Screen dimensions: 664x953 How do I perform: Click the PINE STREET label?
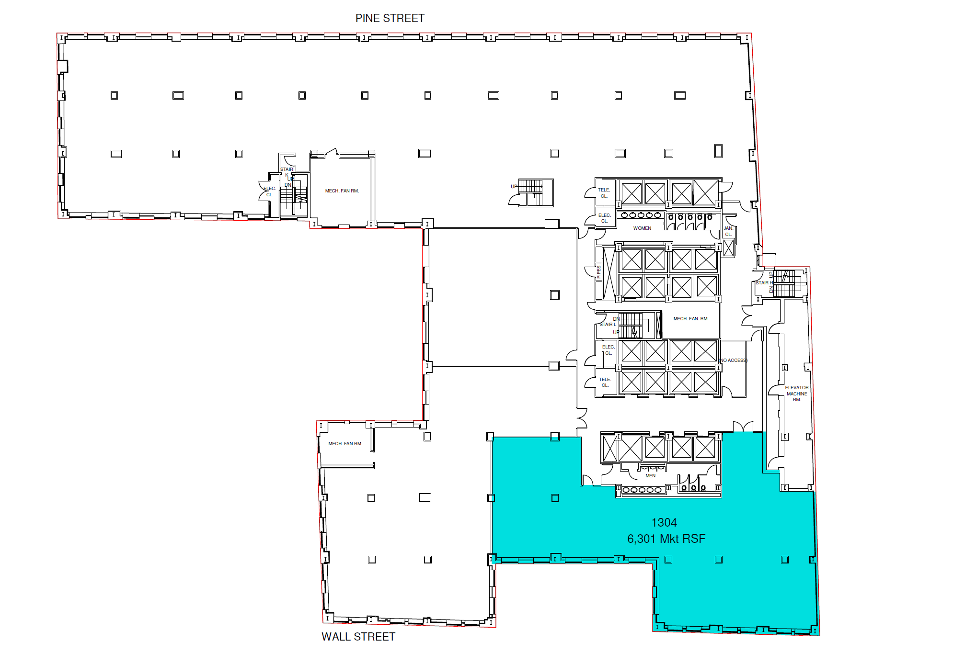[x=390, y=18]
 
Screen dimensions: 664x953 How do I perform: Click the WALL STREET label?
[x=358, y=637]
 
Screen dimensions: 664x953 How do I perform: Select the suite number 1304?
[x=664, y=522]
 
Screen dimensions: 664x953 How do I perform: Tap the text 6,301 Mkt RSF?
[x=666, y=539]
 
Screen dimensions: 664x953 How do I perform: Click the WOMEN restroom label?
[x=642, y=228]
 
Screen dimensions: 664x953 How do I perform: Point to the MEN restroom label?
[x=650, y=476]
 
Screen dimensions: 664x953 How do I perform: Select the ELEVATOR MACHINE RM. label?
[x=796, y=394]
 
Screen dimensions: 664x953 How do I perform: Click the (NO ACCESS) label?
[x=733, y=360]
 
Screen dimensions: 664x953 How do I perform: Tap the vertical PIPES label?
[x=598, y=272]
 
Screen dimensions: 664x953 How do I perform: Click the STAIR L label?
[x=608, y=325]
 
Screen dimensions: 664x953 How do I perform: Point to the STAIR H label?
[x=764, y=283]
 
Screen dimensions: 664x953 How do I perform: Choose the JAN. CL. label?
[x=728, y=231]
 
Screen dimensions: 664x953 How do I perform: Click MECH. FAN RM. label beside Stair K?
[x=342, y=191]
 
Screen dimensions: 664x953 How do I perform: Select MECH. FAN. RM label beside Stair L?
[x=690, y=319]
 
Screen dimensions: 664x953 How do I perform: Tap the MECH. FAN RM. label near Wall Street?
[x=345, y=444]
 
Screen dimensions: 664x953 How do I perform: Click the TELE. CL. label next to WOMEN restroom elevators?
[x=604, y=193]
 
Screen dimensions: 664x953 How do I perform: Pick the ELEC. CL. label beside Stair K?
[x=269, y=191]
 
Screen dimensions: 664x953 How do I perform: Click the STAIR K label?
[x=287, y=172]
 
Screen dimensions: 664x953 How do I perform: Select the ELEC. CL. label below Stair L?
[x=608, y=350]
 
